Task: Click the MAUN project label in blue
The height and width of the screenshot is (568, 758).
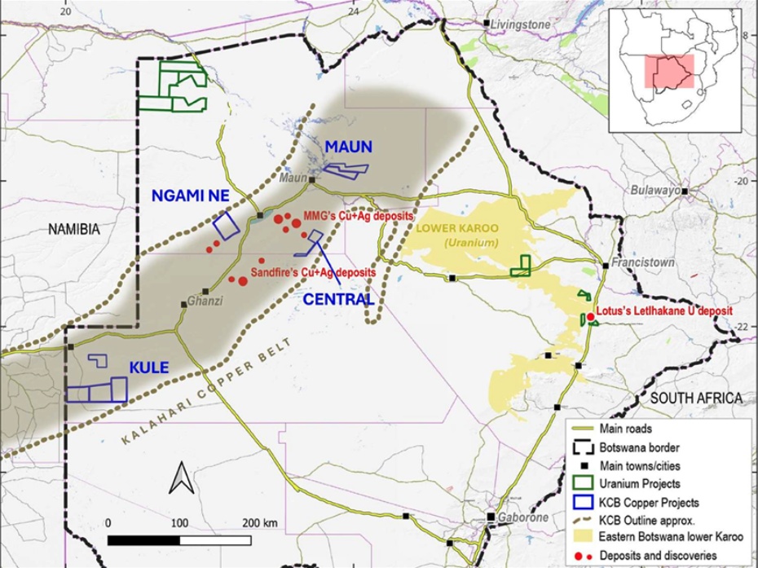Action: click(x=349, y=148)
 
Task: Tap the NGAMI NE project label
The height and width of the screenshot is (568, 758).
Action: click(x=189, y=196)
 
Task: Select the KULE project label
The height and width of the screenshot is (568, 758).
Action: click(x=148, y=368)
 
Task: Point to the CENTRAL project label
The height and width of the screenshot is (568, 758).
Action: click(x=338, y=299)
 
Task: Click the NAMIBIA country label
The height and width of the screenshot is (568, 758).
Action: click(x=73, y=231)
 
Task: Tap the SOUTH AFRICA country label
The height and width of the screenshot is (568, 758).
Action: click(x=696, y=398)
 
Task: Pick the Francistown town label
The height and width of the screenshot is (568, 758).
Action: click(x=644, y=262)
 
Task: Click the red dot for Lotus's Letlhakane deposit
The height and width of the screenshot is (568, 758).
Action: click(x=590, y=317)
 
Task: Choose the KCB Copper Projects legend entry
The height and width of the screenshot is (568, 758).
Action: click(x=649, y=502)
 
